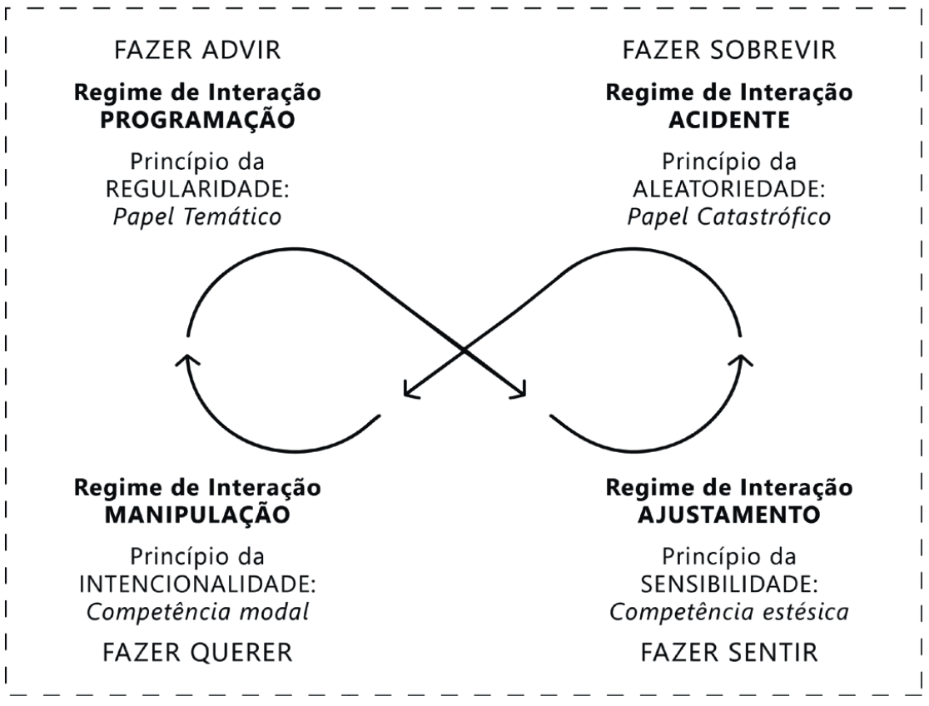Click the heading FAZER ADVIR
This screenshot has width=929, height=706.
[197, 51]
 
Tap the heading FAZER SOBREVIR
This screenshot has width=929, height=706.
[728, 51]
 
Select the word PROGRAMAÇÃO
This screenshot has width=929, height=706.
[197, 118]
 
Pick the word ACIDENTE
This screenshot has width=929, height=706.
[728, 118]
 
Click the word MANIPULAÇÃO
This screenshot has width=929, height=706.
[197, 514]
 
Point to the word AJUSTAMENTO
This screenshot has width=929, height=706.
[728, 514]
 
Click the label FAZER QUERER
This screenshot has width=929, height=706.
[197, 653]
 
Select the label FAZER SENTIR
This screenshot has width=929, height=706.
[728, 653]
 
